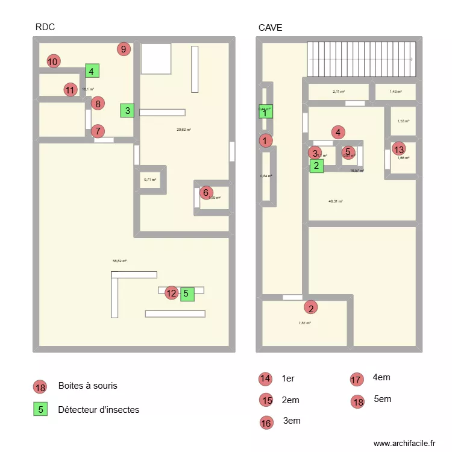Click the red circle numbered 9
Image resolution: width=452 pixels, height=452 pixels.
click(124, 49)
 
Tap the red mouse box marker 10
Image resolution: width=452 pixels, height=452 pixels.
click(53, 61)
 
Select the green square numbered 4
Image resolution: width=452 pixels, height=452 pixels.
click(92, 71)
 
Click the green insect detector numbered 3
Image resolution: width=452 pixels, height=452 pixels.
click(127, 110)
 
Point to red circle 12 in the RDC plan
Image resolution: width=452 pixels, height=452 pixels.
click(172, 293)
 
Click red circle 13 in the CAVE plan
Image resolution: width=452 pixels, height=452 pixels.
click(398, 148)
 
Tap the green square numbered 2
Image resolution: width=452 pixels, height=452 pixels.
click(316, 166)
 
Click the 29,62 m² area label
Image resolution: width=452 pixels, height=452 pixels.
click(183, 129)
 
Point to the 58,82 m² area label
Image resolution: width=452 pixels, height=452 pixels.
click(119, 261)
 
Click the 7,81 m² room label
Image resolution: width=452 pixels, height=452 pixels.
click(304, 323)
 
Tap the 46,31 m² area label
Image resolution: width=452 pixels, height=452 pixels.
click(336, 201)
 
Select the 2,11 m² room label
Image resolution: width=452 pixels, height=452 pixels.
click(338, 92)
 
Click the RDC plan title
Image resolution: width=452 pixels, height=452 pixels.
click(45, 27)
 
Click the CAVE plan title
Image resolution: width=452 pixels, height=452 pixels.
click(270, 27)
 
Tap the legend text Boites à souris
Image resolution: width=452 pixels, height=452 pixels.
click(87, 386)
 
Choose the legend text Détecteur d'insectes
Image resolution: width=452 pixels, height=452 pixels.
click(98, 410)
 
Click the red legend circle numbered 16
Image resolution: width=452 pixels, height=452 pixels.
click(266, 422)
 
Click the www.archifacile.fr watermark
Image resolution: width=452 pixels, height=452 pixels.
click(404, 443)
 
